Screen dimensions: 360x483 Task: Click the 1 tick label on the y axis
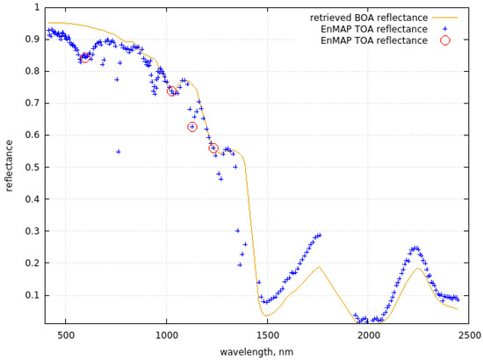36,7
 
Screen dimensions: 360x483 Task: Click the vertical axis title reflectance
10,167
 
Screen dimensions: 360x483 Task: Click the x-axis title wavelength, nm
256,351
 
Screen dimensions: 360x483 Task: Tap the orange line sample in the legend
445,18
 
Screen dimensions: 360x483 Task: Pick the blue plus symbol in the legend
445,29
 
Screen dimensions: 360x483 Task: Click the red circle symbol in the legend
445,40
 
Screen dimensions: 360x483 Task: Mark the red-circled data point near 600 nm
85,58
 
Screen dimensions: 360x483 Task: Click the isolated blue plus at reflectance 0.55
118,151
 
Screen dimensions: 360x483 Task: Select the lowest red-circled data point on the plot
213,148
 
